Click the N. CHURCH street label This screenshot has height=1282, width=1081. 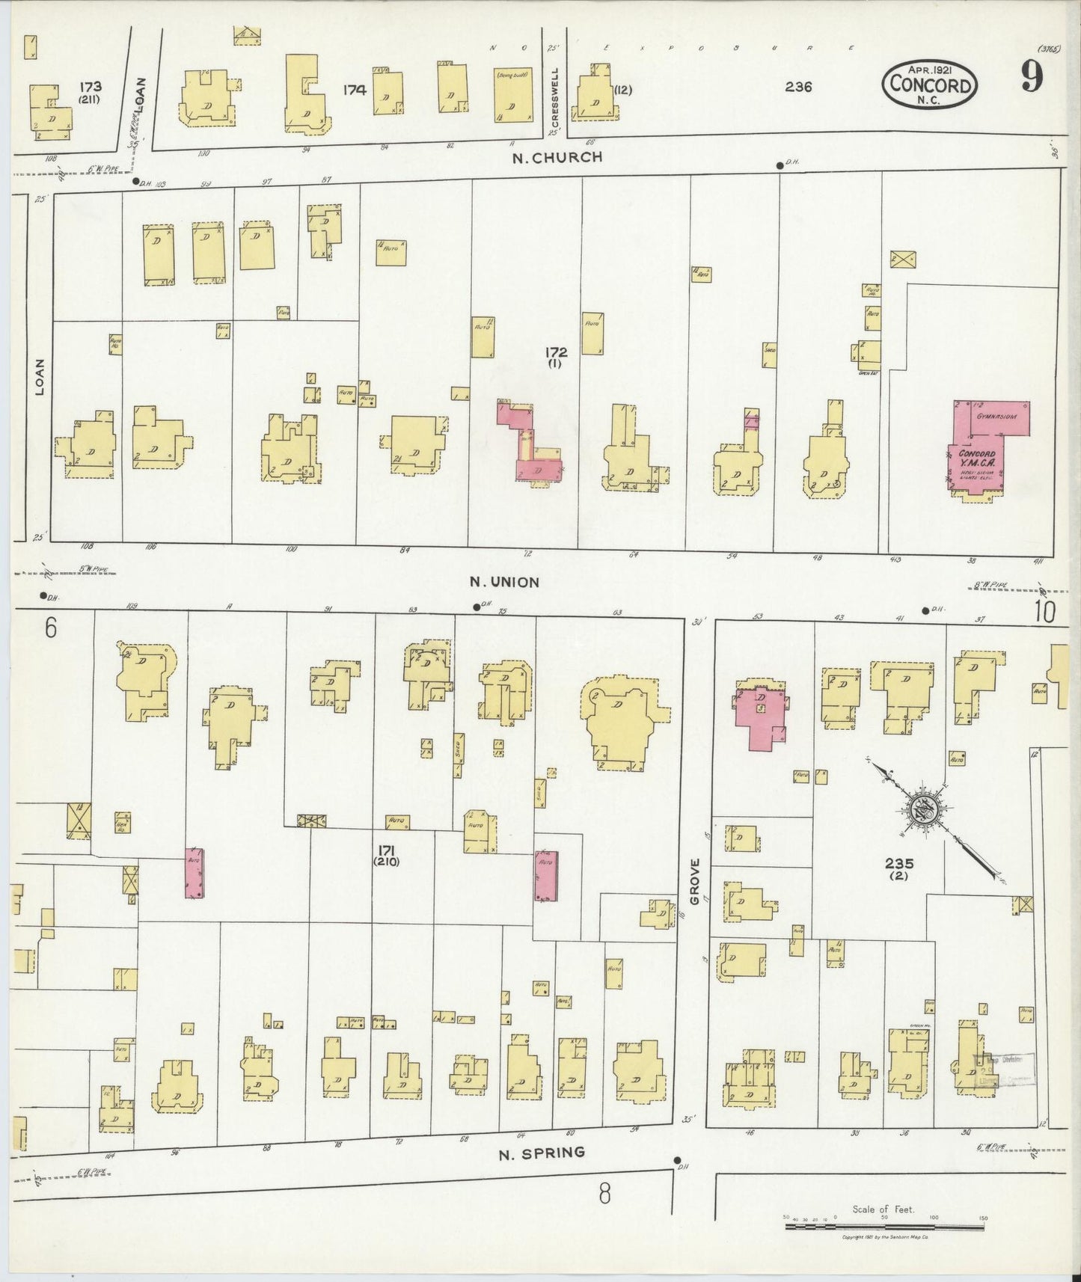coord(557,158)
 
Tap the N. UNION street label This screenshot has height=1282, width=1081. coord(504,582)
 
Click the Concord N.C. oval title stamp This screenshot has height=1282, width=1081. coord(930,84)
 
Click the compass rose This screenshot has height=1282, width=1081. coord(919,808)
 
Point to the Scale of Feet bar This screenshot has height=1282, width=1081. coord(884,1227)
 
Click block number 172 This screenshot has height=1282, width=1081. coord(556,352)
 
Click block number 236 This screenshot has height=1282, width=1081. coord(798,88)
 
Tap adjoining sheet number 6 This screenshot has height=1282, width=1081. coord(50,628)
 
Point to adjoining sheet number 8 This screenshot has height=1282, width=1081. coord(604,1194)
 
